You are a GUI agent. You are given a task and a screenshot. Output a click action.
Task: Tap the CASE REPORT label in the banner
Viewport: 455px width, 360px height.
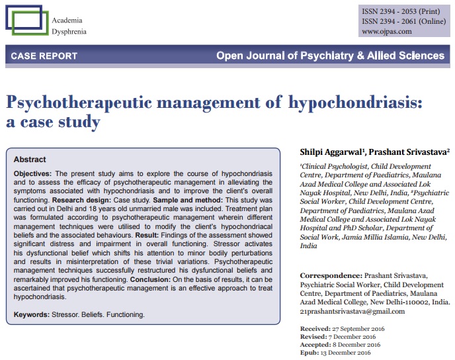coord(44,56)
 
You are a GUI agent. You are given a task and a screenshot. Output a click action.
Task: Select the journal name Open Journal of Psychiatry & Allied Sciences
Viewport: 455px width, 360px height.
coord(330,56)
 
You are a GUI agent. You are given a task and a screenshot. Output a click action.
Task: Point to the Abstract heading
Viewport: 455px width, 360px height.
coord(30,159)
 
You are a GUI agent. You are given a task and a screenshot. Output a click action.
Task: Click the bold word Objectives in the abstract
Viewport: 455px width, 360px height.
coord(32,173)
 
